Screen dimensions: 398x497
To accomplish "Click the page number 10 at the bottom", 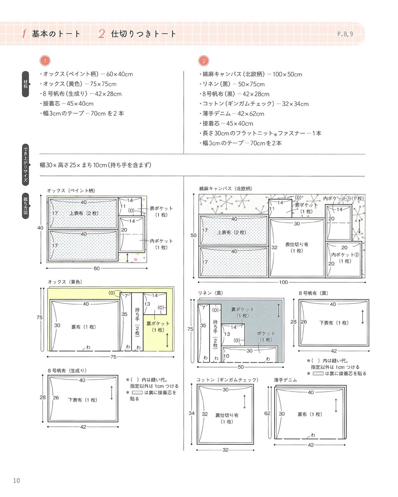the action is (16, 481).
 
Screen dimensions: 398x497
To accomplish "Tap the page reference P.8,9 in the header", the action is (345, 34).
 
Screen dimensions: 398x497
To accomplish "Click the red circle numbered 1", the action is (45, 61).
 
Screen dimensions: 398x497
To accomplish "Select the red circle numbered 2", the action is (203, 61).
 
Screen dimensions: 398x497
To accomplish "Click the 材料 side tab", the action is (25, 84).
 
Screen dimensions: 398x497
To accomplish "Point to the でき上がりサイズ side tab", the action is (25, 165).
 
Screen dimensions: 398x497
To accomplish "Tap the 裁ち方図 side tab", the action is (25, 206).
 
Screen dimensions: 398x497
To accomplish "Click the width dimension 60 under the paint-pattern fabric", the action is (96, 269).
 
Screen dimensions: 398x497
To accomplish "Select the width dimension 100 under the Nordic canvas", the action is (283, 282).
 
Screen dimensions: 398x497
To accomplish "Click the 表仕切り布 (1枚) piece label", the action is (297, 247).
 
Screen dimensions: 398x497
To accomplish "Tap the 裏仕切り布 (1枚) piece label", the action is (227, 418).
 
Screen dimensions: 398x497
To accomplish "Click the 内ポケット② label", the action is (345, 255).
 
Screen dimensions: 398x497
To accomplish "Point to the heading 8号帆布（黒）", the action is (313, 293).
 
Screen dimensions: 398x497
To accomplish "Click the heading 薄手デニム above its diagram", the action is (285, 380).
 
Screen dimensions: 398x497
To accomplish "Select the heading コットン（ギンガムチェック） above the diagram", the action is (227, 380).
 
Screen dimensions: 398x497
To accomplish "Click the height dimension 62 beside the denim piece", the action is (267, 413).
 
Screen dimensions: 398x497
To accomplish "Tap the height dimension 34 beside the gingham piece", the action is (191, 413).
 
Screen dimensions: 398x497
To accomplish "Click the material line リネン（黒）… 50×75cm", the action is (232, 84).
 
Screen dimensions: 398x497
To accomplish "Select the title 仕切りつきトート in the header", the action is (143, 34).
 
